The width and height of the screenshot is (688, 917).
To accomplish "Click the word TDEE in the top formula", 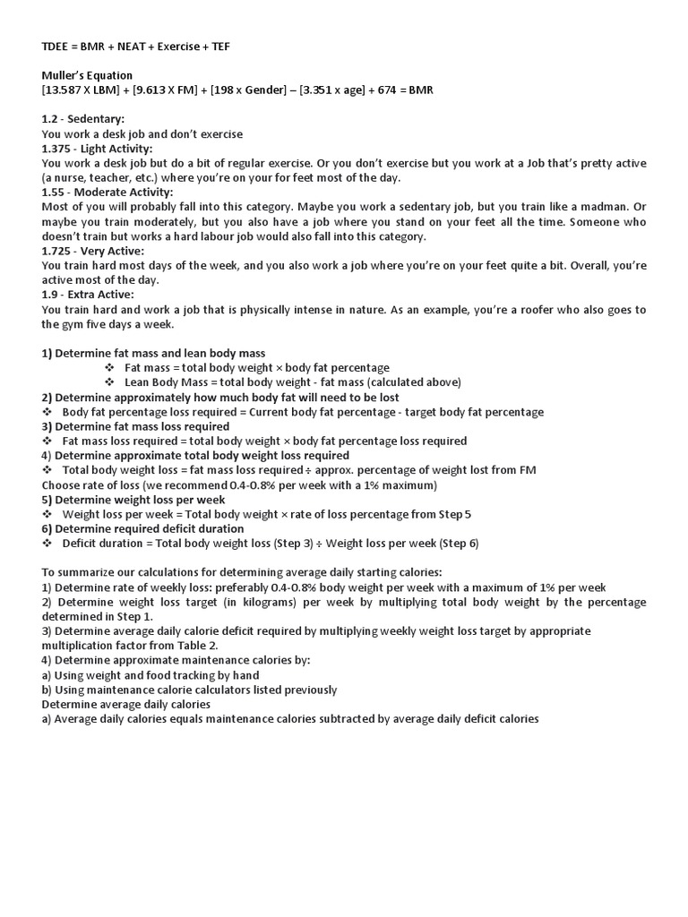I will tap(56, 47).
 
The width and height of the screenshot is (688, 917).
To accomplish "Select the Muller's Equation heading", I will tap(87, 76).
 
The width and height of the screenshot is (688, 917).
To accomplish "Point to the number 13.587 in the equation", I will tap(64, 90).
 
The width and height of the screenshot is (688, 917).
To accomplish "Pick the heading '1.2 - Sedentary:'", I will tap(82, 119).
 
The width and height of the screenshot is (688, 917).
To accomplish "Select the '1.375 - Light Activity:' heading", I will tap(97, 149).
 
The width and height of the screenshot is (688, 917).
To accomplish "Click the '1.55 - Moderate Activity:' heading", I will tap(107, 193).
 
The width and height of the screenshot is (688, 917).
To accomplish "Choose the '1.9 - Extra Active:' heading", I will tap(88, 295).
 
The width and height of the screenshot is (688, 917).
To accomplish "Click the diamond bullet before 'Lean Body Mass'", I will tap(109, 382).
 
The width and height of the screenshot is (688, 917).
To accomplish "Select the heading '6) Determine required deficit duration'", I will tap(142, 528).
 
